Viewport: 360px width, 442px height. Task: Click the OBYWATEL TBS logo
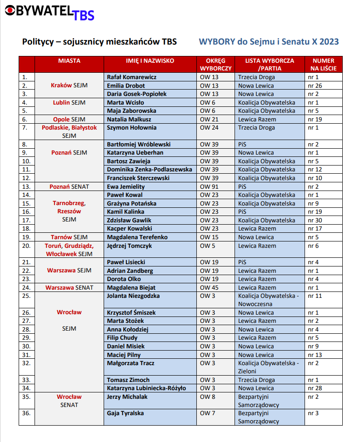49,12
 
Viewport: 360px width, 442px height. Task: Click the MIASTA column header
69,60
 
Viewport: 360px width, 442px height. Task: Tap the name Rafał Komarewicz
131,77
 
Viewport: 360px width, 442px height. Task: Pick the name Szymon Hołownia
131,128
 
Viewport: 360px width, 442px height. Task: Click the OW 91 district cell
209,186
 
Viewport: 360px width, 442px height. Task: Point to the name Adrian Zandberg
130,271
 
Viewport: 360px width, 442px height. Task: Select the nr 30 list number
315,220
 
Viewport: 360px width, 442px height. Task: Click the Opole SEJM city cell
69,120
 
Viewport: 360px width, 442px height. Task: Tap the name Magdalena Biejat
131,287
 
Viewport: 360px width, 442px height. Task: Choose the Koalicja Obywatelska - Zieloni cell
268,367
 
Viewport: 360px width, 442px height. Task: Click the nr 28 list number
315,388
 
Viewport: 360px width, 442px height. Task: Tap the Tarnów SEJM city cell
69,237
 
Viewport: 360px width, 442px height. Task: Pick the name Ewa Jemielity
125,186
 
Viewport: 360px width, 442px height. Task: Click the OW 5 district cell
206,246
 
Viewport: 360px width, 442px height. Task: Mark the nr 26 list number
315,85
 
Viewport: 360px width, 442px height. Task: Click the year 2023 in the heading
329,42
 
